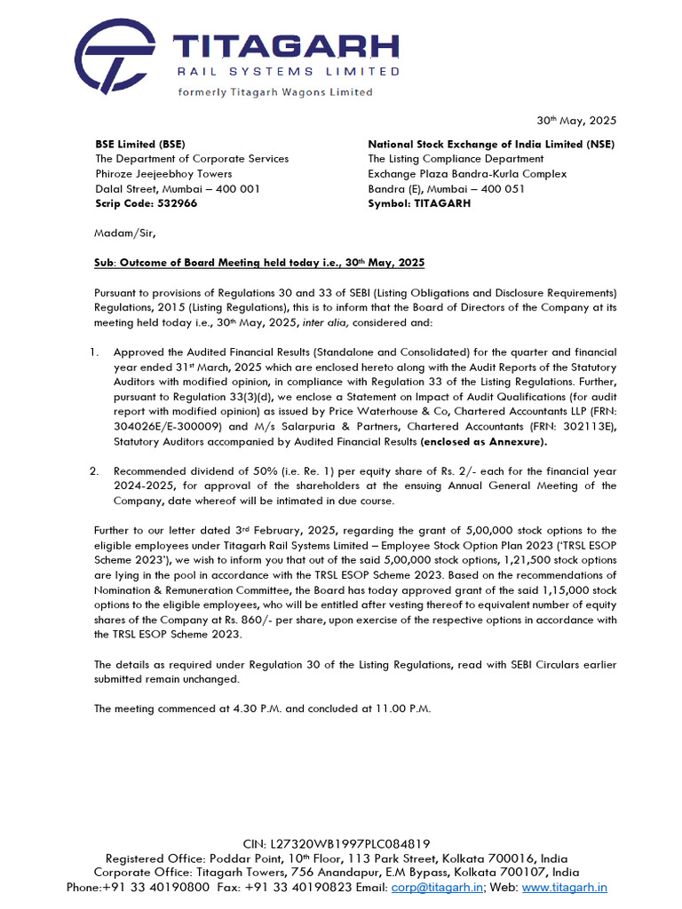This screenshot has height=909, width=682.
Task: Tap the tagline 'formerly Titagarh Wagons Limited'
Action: coord(275,91)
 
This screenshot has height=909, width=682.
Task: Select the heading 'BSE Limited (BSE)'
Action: coord(140,144)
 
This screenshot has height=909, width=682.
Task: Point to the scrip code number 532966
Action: coord(178,203)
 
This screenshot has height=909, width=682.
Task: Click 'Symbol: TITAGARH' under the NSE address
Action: coord(419,203)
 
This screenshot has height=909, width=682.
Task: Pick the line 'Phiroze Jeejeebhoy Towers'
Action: coord(163,174)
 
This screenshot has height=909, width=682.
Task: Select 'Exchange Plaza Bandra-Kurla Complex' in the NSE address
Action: coord(467,174)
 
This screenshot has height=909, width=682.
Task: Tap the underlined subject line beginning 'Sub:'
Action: coord(259,264)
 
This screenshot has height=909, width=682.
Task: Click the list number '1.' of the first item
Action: coord(94,353)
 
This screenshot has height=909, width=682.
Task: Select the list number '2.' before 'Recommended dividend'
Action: coord(94,470)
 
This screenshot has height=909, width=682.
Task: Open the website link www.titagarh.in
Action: coord(565,887)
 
